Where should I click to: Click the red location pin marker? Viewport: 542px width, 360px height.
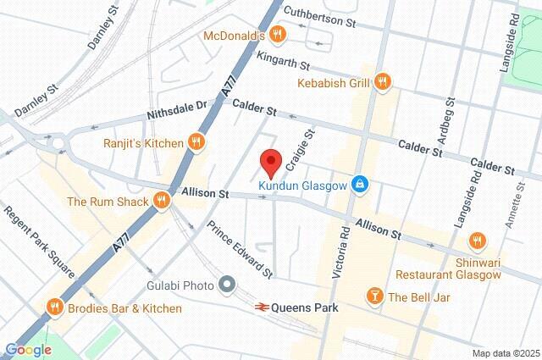coord(269,161)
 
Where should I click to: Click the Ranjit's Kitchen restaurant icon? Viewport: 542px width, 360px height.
coord(196,141)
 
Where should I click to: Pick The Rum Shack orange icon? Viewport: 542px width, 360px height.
coord(160,202)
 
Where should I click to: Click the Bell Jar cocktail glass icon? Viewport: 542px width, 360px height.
coord(372,296)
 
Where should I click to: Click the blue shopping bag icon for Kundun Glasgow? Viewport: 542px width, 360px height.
coord(361,183)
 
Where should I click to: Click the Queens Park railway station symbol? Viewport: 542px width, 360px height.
coord(264,308)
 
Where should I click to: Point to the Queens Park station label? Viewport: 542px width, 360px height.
coord(308,308)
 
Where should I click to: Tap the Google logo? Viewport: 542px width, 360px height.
coord(28,349)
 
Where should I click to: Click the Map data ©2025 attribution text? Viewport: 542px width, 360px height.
coord(505,353)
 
